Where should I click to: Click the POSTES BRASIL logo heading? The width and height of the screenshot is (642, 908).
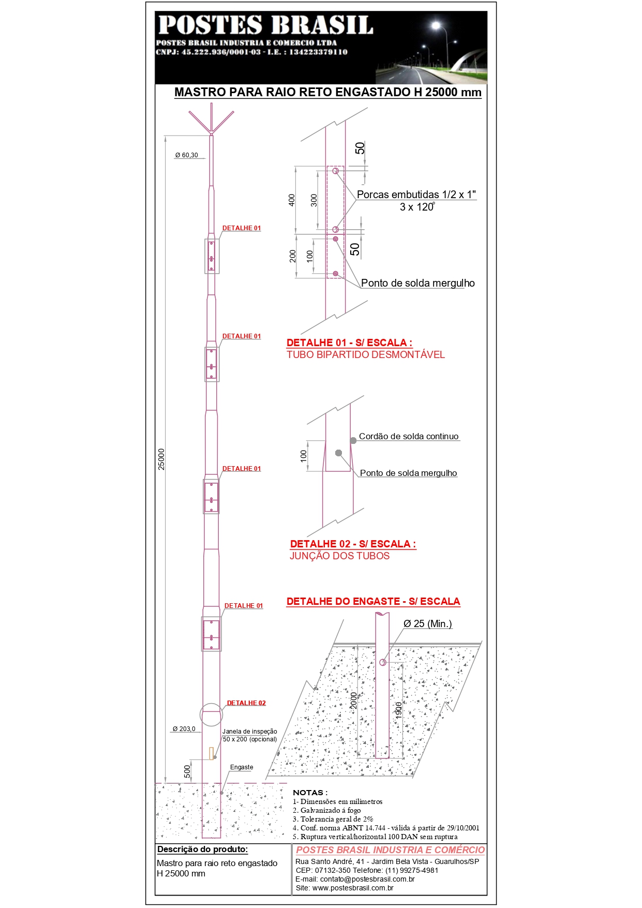point(265,25)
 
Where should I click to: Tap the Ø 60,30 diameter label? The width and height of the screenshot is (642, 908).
point(186,155)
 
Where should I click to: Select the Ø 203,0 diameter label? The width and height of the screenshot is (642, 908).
point(184,729)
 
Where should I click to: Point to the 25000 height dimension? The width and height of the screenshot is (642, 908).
point(161,459)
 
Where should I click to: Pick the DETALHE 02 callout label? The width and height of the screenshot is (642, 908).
point(246,703)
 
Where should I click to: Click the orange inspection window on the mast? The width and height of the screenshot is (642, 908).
point(211,753)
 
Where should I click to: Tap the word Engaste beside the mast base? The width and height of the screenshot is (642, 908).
point(242,767)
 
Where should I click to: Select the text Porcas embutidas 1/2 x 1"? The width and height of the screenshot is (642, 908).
point(416,195)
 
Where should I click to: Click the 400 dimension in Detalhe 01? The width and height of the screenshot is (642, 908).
point(292,200)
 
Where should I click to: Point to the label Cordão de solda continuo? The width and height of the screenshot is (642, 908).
point(409,436)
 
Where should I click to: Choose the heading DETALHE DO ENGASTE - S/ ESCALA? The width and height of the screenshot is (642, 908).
point(373,601)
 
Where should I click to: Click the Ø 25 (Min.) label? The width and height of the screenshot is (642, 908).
point(428,623)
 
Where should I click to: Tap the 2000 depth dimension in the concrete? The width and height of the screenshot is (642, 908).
point(354,701)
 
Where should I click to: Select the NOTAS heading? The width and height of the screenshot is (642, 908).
point(310,792)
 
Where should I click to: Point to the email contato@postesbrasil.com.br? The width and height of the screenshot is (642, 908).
point(355,879)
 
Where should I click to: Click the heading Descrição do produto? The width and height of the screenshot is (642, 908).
point(203,849)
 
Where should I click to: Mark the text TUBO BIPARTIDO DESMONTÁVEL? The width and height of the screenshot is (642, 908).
point(366,354)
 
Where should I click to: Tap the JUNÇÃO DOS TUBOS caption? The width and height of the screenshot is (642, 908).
point(339,556)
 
